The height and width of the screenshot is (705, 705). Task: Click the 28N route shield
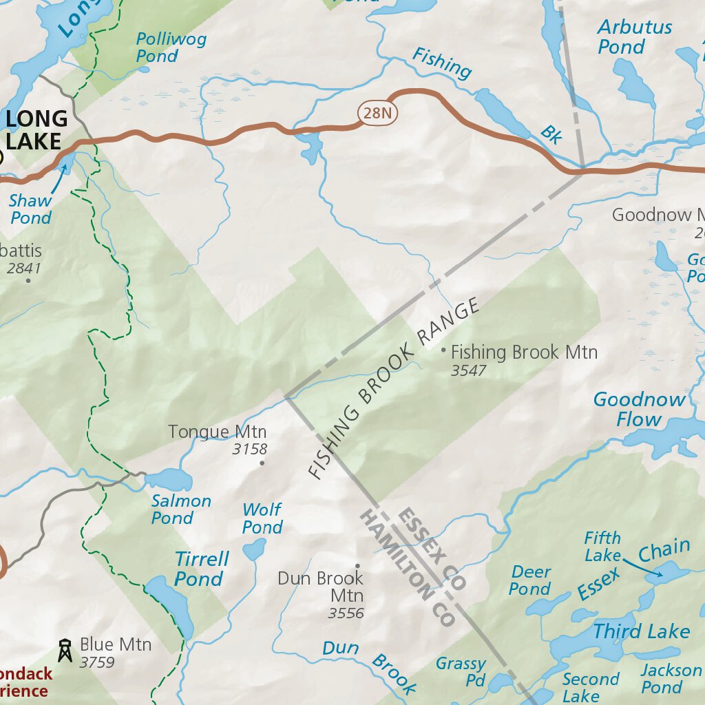click(378, 114)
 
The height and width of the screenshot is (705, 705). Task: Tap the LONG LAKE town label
click(36, 130)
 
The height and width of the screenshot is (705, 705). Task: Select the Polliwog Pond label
click(171, 48)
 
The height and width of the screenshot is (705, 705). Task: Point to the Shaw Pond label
click(30, 209)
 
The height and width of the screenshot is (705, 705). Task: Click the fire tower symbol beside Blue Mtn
click(65, 650)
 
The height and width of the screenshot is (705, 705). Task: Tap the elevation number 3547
click(468, 371)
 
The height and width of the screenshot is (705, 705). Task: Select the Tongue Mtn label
click(218, 432)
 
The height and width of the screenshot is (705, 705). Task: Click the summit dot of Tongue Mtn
click(262, 463)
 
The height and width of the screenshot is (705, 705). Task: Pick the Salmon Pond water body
click(168, 479)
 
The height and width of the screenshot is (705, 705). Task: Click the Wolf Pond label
click(262, 518)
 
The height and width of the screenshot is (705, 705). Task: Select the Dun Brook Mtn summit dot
click(357, 566)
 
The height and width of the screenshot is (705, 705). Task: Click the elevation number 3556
click(346, 613)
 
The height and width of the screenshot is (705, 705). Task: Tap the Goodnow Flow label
click(639, 409)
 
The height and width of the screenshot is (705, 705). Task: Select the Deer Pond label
click(530, 580)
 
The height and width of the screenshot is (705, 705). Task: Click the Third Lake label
click(641, 631)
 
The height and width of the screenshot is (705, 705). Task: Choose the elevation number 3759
click(97, 663)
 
